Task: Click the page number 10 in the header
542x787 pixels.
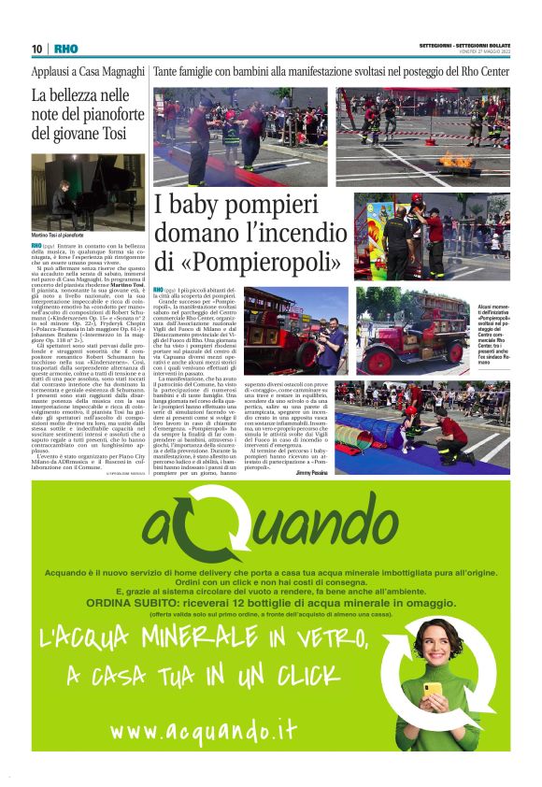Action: pos(36,48)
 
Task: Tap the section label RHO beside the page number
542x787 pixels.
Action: pos(65,48)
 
